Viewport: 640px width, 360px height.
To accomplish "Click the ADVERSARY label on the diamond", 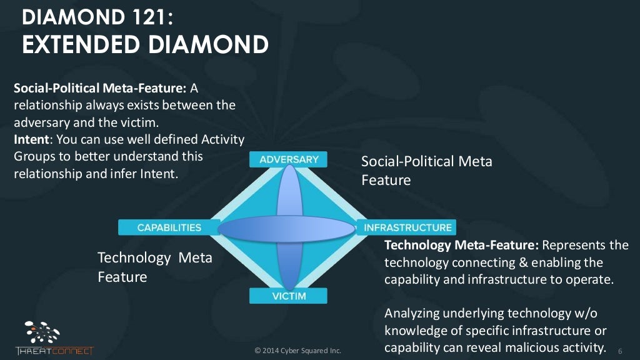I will tap(289, 159).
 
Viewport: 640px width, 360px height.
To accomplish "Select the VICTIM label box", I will tap(289, 296).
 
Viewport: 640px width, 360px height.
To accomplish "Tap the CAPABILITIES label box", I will tap(169, 227).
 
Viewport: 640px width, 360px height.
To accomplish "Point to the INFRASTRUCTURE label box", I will tap(407, 227).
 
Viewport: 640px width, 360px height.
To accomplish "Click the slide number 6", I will tap(620, 350).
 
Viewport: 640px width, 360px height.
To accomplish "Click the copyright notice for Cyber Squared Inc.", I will tap(298, 351).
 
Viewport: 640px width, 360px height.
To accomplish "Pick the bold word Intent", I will tap(31, 139).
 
